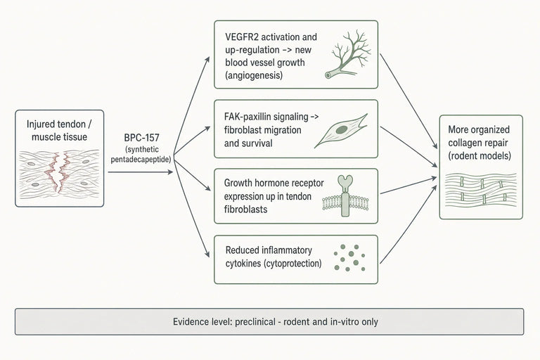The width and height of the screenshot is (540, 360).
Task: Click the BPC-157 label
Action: click(x=141, y=138)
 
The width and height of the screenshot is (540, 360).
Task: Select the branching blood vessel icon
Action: click(x=348, y=54)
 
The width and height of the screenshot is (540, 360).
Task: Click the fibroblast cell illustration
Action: click(x=341, y=131)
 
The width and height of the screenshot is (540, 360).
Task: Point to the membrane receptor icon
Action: click(x=345, y=196)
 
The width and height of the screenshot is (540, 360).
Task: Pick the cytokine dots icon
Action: click(x=349, y=257)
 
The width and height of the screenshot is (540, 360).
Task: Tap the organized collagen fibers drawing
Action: click(x=481, y=191)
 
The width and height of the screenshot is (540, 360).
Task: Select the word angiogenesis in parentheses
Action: click(x=254, y=75)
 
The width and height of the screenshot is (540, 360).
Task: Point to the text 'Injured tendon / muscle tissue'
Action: click(x=59, y=131)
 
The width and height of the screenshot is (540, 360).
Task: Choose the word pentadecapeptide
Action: click(x=141, y=160)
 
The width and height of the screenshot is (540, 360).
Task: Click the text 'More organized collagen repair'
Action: click(x=479, y=136)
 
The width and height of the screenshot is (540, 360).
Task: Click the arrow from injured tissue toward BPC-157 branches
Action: click(x=141, y=172)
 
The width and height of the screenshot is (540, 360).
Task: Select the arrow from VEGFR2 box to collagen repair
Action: click(x=409, y=101)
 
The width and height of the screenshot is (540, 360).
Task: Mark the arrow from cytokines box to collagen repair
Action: click(x=408, y=224)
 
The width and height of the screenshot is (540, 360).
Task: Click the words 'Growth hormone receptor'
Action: click(x=274, y=183)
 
